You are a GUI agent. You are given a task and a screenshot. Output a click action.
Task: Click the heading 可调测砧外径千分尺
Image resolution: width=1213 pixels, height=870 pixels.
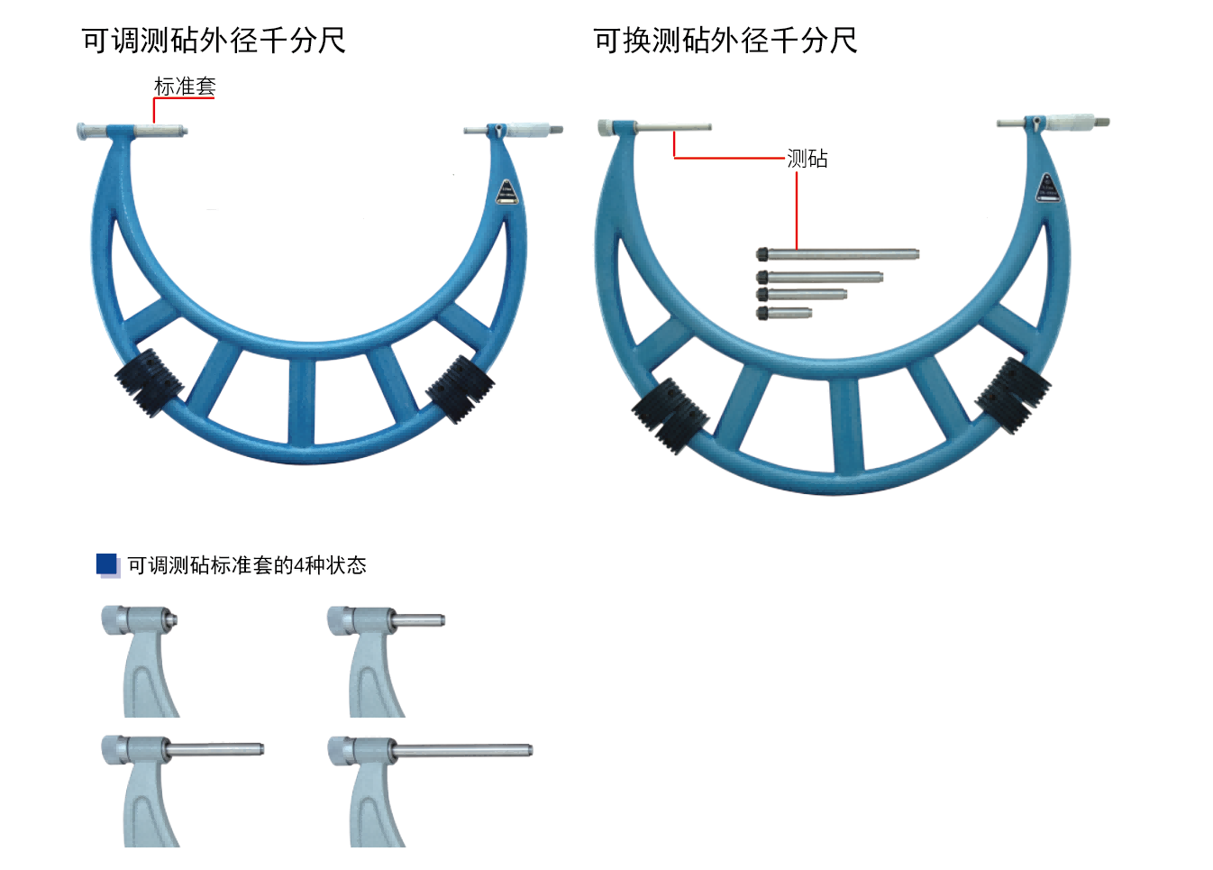(214, 41)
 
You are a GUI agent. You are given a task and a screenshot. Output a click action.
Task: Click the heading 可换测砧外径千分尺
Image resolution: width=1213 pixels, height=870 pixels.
(725, 41)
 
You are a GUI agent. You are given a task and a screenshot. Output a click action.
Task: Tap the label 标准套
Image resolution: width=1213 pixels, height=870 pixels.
(185, 87)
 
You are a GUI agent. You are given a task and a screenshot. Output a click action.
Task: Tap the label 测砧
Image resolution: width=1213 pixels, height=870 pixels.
(807, 159)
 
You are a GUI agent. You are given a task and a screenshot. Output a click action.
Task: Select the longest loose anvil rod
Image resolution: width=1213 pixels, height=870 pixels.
(838, 254)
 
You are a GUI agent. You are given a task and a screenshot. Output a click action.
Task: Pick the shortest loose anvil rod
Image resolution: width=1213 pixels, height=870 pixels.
(784, 313)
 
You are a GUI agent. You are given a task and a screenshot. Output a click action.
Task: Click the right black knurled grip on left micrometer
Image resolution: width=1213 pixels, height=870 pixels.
(461, 389)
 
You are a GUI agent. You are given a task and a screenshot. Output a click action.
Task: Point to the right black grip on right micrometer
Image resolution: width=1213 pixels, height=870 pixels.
(1014, 394)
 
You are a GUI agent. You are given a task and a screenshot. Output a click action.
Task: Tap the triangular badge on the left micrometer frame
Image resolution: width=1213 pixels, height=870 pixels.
(506, 193)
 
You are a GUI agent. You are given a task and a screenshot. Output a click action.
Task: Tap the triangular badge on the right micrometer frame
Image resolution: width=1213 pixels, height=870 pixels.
(1047, 188)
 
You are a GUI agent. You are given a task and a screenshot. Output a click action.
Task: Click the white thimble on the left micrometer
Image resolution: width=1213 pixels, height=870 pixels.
(528, 131)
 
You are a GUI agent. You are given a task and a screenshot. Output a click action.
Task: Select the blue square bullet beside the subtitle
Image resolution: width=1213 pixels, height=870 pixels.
(107, 564)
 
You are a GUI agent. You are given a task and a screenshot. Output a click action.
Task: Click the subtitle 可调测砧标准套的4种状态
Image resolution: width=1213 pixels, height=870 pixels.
(247, 565)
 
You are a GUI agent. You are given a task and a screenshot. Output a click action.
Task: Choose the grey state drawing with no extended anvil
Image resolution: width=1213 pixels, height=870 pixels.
(140, 658)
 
